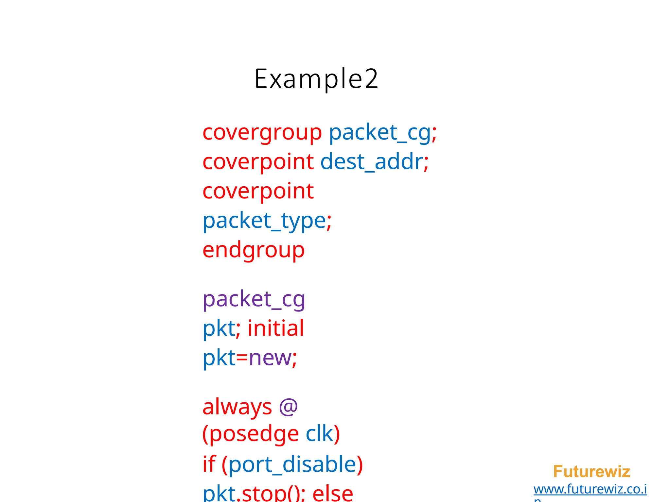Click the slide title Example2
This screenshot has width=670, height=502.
(316, 79)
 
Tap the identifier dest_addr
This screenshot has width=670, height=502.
(372, 162)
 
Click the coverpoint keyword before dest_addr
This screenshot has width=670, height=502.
(258, 162)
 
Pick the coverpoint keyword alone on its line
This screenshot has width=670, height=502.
(258, 191)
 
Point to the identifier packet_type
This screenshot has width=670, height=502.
(264, 221)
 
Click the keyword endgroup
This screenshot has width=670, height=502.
(254, 250)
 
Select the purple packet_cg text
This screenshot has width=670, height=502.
(254, 299)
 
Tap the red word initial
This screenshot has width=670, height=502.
(276, 328)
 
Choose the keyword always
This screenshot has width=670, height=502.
(237, 407)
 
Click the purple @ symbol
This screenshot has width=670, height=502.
(288, 407)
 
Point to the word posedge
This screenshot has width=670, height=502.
(254, 434)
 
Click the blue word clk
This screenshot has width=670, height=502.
(319, 434)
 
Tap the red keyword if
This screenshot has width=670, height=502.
(209, 464)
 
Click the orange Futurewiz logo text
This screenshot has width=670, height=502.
(591, 472)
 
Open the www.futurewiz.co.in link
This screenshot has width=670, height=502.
(590, 489)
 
